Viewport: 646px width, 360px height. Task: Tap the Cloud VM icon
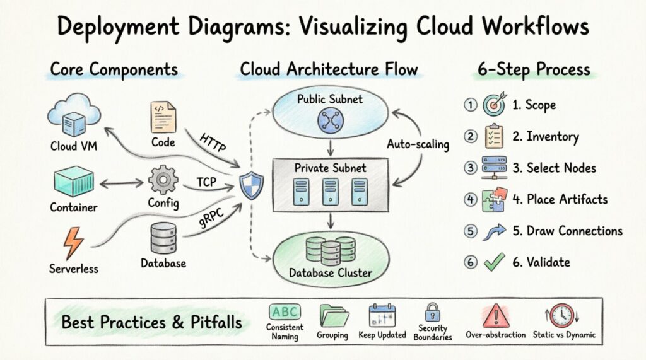coord(74,115)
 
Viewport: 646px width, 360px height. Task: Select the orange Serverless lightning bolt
coord(74,243)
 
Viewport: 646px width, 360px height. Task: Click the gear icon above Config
coord(163,180)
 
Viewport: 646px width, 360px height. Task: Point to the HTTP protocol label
coord(215,143)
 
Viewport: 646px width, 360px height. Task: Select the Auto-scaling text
coord(417,144)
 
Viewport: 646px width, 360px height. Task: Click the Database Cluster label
coord(330,273)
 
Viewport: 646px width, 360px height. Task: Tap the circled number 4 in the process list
coord(470,199)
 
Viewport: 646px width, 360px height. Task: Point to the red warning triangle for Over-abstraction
coord(495,315)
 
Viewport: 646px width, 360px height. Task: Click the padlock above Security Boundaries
coord(432,311)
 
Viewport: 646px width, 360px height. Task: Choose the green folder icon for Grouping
coord(334,315)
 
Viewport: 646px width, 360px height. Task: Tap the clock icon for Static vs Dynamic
coord(561,315)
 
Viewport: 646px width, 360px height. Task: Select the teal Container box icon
coord(74,181)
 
